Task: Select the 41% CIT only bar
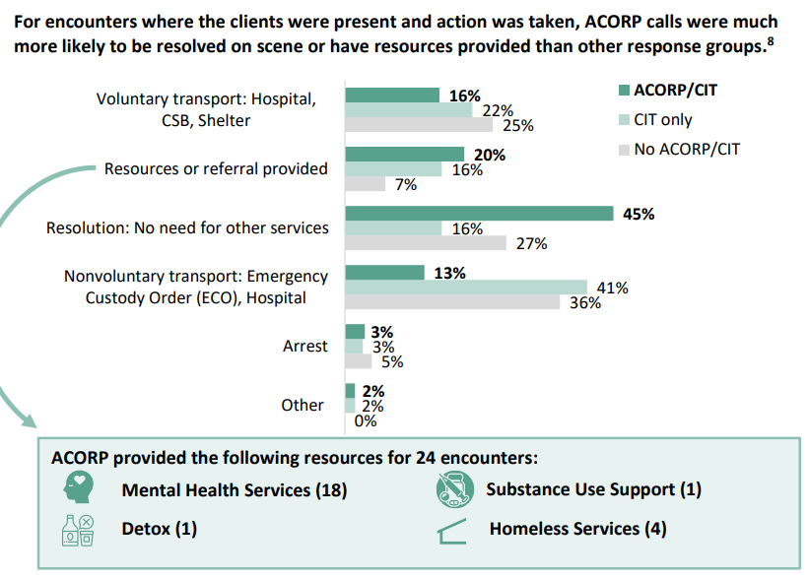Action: pos(465,288)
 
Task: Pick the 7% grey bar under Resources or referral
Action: pos(365,184)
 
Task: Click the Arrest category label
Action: pos(304,346)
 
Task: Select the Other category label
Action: pos(303,405)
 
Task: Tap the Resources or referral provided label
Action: pos(216,168)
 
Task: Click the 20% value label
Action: pos(489,155)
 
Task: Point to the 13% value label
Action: pos(449,273)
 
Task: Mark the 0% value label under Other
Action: pos(365,420)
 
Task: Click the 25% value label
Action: pos(517,125)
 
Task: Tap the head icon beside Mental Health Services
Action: pos(78,488)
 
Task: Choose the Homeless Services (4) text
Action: pos(577,529)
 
